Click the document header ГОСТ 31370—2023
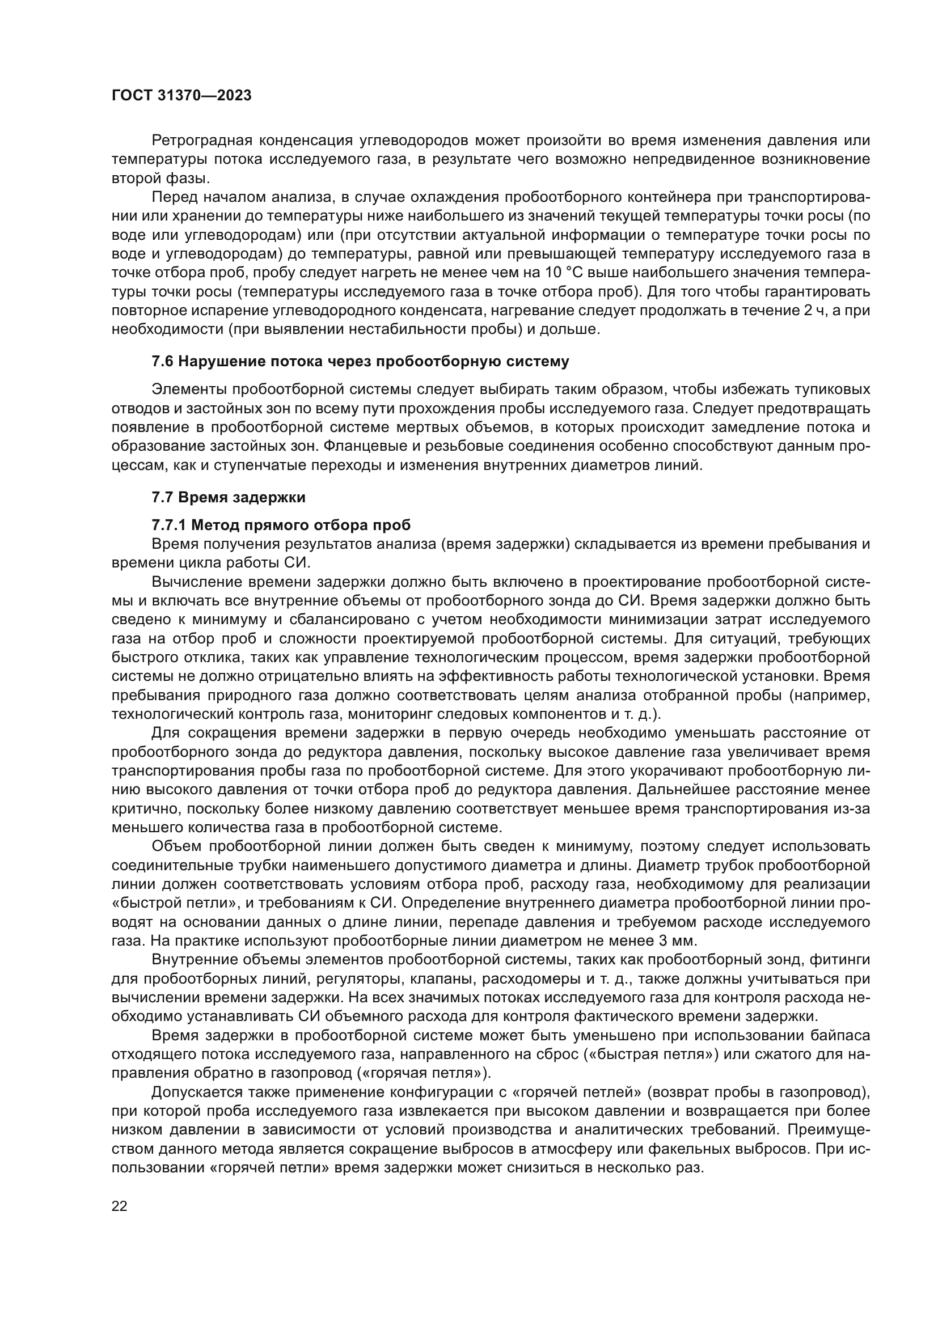[181, 96]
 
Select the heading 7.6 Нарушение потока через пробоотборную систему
[360, 362]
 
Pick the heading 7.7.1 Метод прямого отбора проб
[281, 525]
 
